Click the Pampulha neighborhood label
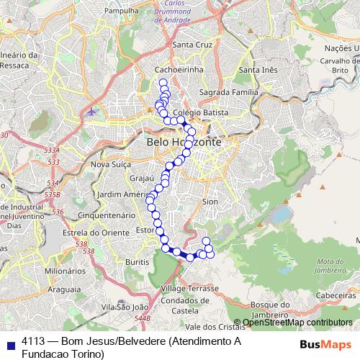point(120,12)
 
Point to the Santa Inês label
point(258,70)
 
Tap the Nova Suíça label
point(109,164)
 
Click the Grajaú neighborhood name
point(141,177)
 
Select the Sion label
point(210,202)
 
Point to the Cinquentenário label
point(106,215)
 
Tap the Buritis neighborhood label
point(137,264)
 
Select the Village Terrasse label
point(190,287)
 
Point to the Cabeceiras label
point(336,294)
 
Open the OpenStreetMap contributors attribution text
point(297,323)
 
